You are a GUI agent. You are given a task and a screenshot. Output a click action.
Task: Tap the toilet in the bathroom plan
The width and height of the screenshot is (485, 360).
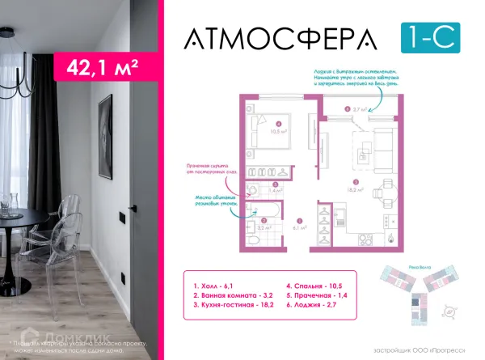coord(252,191)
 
